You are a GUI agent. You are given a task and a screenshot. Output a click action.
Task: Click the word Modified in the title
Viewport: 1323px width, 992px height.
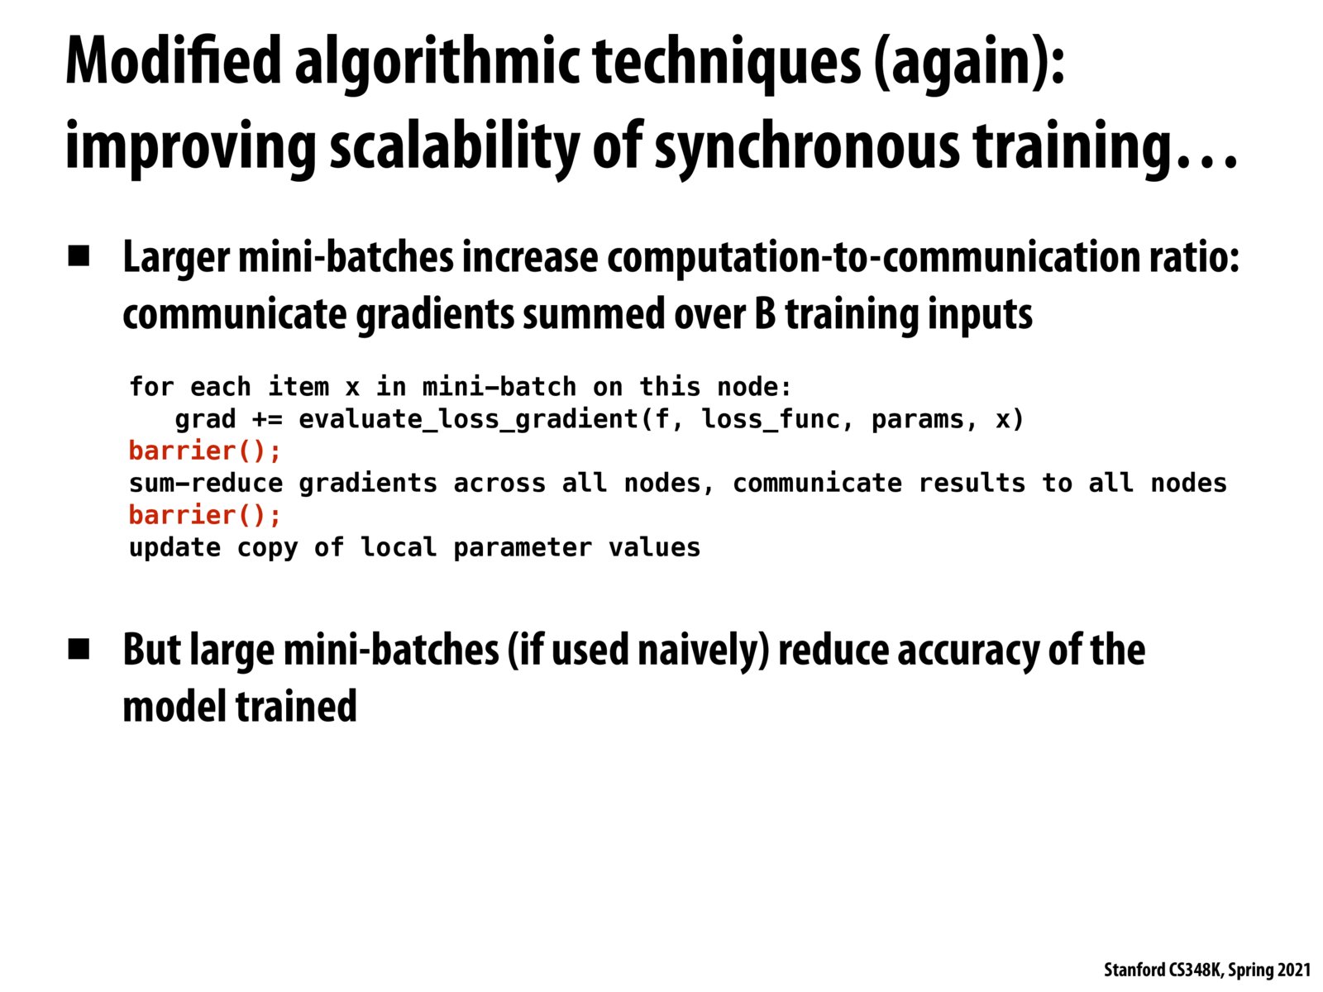click(174, 60)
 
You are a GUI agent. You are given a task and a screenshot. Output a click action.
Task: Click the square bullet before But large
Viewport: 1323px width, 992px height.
click(79, 649)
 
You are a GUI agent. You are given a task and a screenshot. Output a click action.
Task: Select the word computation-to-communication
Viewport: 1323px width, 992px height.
click(873, 259)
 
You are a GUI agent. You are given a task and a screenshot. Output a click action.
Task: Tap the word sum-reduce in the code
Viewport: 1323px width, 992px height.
click(206, 483)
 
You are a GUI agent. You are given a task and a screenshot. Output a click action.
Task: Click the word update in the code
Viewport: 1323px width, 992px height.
click(174, 548)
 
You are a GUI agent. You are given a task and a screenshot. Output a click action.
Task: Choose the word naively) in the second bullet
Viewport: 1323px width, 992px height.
click(704, 651)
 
